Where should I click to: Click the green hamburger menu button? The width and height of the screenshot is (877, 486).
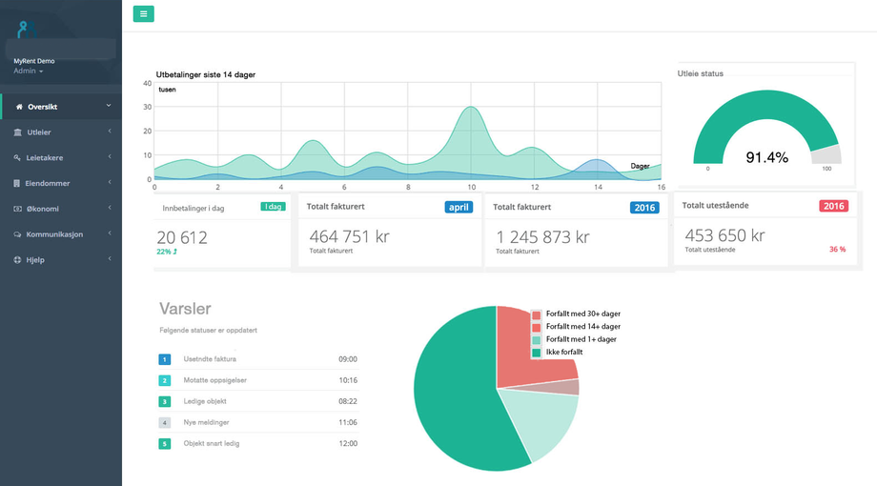click(x=143, y=13)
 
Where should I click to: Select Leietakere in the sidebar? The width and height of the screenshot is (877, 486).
click(x=45, y=157)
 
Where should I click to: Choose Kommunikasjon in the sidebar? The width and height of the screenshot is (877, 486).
click(x=54, y=233)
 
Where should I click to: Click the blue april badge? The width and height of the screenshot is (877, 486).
click(x=459, y=207)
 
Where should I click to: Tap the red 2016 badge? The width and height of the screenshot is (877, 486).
click(x=833, y=206)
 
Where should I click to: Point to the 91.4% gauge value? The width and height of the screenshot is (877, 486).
click(x=766, y=157)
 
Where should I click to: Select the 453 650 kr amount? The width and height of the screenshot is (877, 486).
click(x=724, y=235)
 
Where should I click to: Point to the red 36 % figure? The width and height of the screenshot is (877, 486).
click(x=837, y=250)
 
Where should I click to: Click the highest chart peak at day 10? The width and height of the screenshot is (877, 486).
click(x=471, y=108)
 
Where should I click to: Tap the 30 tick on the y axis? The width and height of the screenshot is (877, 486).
click(x=148, y=107)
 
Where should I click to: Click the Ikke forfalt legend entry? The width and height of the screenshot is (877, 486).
click(x=566, y=352)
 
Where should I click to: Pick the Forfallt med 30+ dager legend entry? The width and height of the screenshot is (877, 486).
click(x=582, y=314)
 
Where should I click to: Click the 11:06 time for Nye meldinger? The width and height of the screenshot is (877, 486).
click(x=347, y=422)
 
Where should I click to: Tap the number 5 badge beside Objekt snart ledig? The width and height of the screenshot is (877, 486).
click(x=164, y=443)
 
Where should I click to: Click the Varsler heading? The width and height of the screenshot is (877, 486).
click(x=185, y=309)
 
